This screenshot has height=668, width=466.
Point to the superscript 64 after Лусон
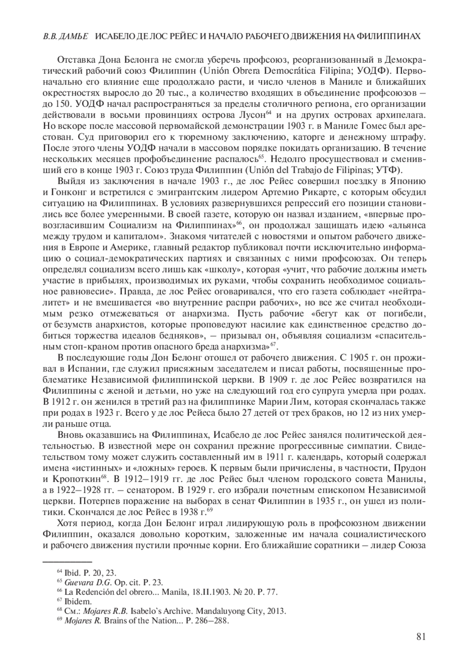click(268, 113)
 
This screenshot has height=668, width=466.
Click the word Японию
click(408, 181)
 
